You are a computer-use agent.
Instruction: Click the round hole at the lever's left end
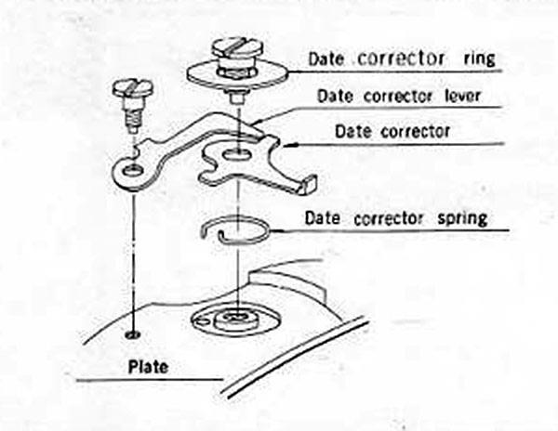tap(130, 170)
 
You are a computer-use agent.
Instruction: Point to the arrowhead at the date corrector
tap(286, 144)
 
